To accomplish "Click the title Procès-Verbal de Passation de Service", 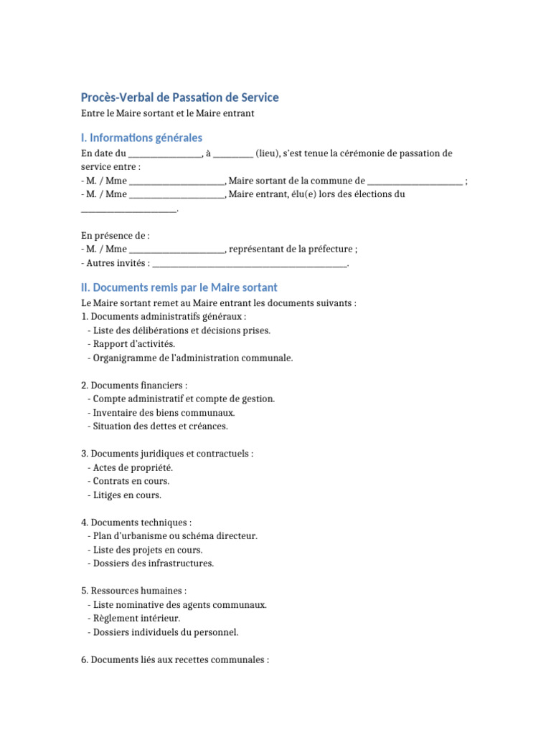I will click(180, 97).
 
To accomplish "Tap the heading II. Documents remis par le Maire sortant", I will click(179, 287).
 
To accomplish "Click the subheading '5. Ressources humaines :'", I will click(134, 591).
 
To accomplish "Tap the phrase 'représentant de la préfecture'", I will click(290, 249).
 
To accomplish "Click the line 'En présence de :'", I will click(116, 236).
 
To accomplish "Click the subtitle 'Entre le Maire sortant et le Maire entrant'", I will click(168, 114).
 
